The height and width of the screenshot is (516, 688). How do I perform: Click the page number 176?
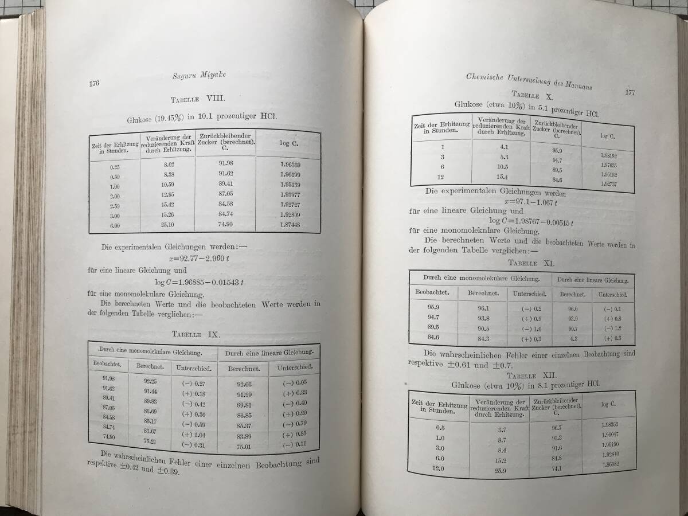[x=94, y=84]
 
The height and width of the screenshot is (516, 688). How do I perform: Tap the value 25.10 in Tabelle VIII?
[x=167, y=224]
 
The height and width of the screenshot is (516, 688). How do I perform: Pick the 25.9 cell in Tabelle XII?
[x=499, y=471]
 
